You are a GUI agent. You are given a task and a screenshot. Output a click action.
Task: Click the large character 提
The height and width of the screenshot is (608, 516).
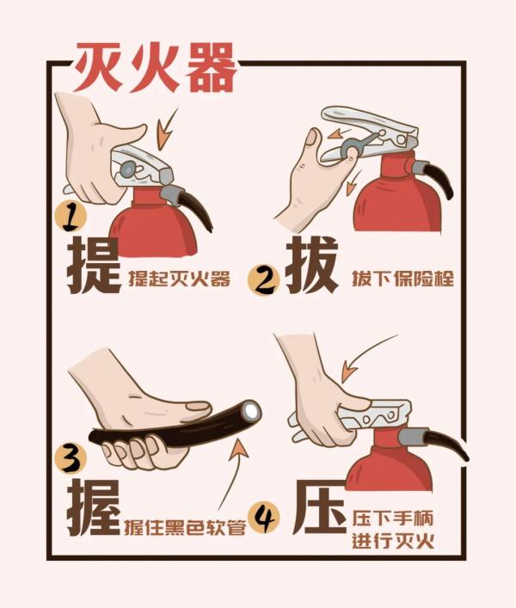[x=93, y=264]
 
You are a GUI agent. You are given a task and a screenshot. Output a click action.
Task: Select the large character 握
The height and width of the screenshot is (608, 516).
[x=93, y=507]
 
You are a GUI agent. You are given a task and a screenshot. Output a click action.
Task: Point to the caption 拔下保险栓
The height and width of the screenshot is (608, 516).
[x=402, y=279]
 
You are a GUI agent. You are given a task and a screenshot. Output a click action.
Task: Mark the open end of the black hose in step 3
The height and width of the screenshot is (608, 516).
[x=250, y=412]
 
